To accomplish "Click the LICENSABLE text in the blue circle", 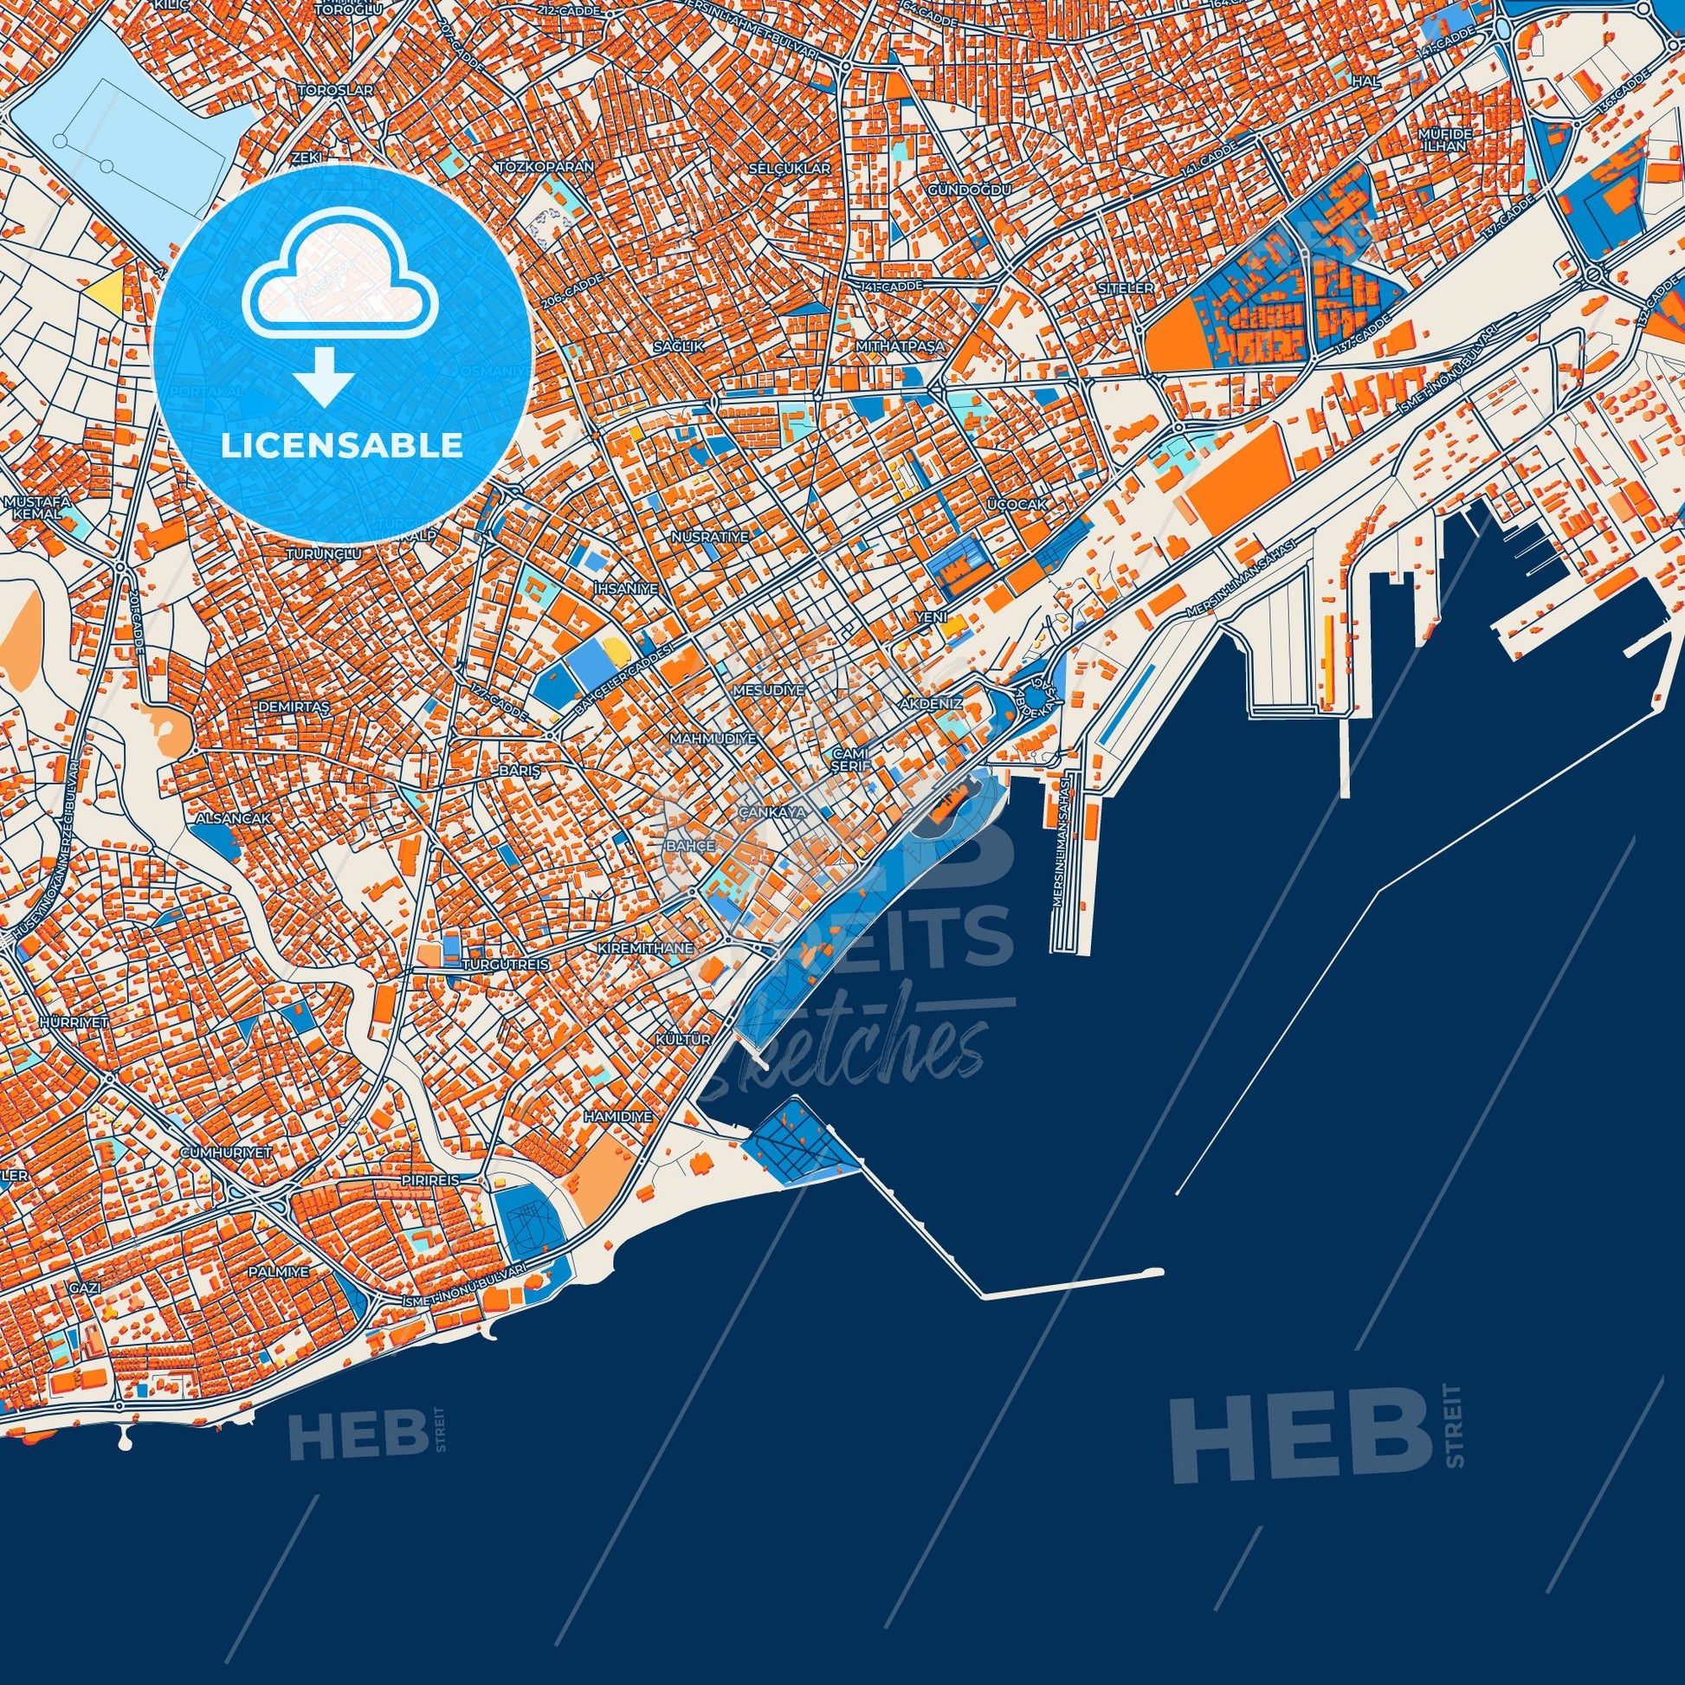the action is point(342,446).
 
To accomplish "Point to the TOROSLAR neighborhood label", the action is point(336,91).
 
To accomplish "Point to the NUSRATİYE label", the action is point(710,536).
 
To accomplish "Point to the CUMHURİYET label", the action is point(226,1152).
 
